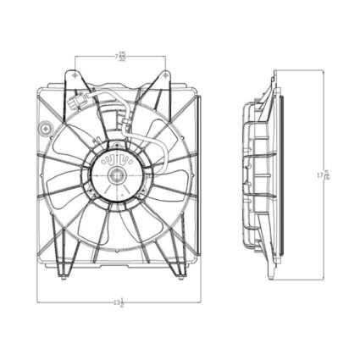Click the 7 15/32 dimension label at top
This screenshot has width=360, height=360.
point(121,57)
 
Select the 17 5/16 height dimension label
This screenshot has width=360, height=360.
point(322,176)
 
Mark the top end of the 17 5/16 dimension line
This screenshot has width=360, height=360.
point(323,71)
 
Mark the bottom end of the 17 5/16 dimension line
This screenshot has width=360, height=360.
point(323,280)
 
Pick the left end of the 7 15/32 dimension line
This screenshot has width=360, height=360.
point(76,58)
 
